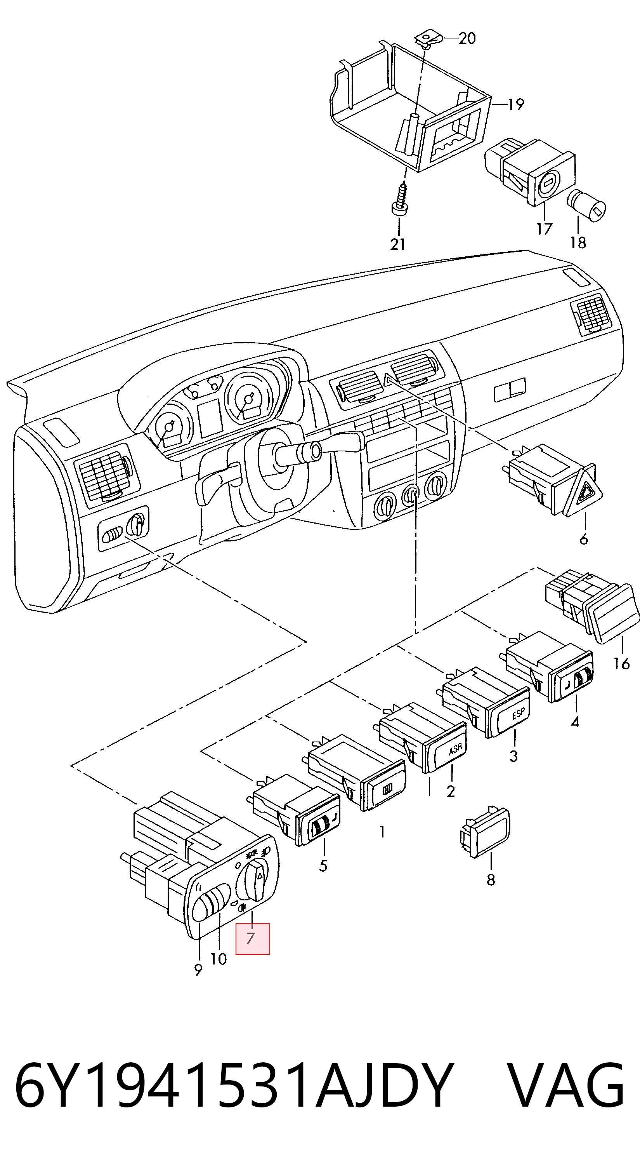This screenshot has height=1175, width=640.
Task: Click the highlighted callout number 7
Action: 250,938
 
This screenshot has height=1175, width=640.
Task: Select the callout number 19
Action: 516,104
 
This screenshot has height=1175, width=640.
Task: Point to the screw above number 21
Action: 400,199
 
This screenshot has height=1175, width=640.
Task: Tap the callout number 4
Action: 575,722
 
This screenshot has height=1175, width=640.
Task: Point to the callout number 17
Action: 544,228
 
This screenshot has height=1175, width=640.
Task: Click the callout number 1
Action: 382,832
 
